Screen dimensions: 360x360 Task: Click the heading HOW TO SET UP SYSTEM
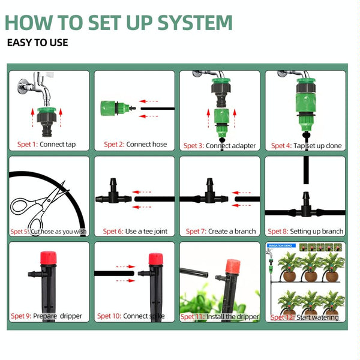[x=118, y=22]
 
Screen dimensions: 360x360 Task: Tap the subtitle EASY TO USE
[x=37, y=43]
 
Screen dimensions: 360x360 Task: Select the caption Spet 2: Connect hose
[x=135, y=145]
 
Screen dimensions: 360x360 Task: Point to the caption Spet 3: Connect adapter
[x=220, y=146]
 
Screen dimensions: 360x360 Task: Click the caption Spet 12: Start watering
[x=304, y=317]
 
